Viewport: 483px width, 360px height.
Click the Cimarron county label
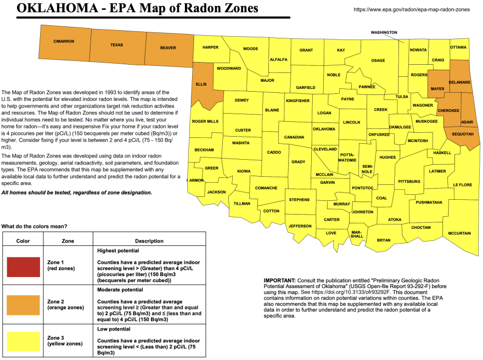pos(64,42)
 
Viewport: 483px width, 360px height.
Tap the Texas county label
pos(116,45)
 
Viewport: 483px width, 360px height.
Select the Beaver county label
pos(168,48)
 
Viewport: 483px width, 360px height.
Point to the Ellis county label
pos(201,85)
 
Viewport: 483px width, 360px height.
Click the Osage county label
pos(378,60)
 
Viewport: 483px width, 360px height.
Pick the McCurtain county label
pos(459,233)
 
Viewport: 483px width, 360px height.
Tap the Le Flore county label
pos(462,185)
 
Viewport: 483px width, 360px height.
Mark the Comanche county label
pos(267,188)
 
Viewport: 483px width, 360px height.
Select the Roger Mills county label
pos(205,121)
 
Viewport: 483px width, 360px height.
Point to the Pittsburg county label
pos(409,181)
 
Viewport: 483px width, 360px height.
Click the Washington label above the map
pos(384,32)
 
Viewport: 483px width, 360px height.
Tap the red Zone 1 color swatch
pos(23,267)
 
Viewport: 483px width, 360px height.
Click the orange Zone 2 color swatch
pos(23,305)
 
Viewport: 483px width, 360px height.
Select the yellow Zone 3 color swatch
pos(23,341)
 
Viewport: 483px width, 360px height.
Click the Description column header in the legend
pos(149,241)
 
